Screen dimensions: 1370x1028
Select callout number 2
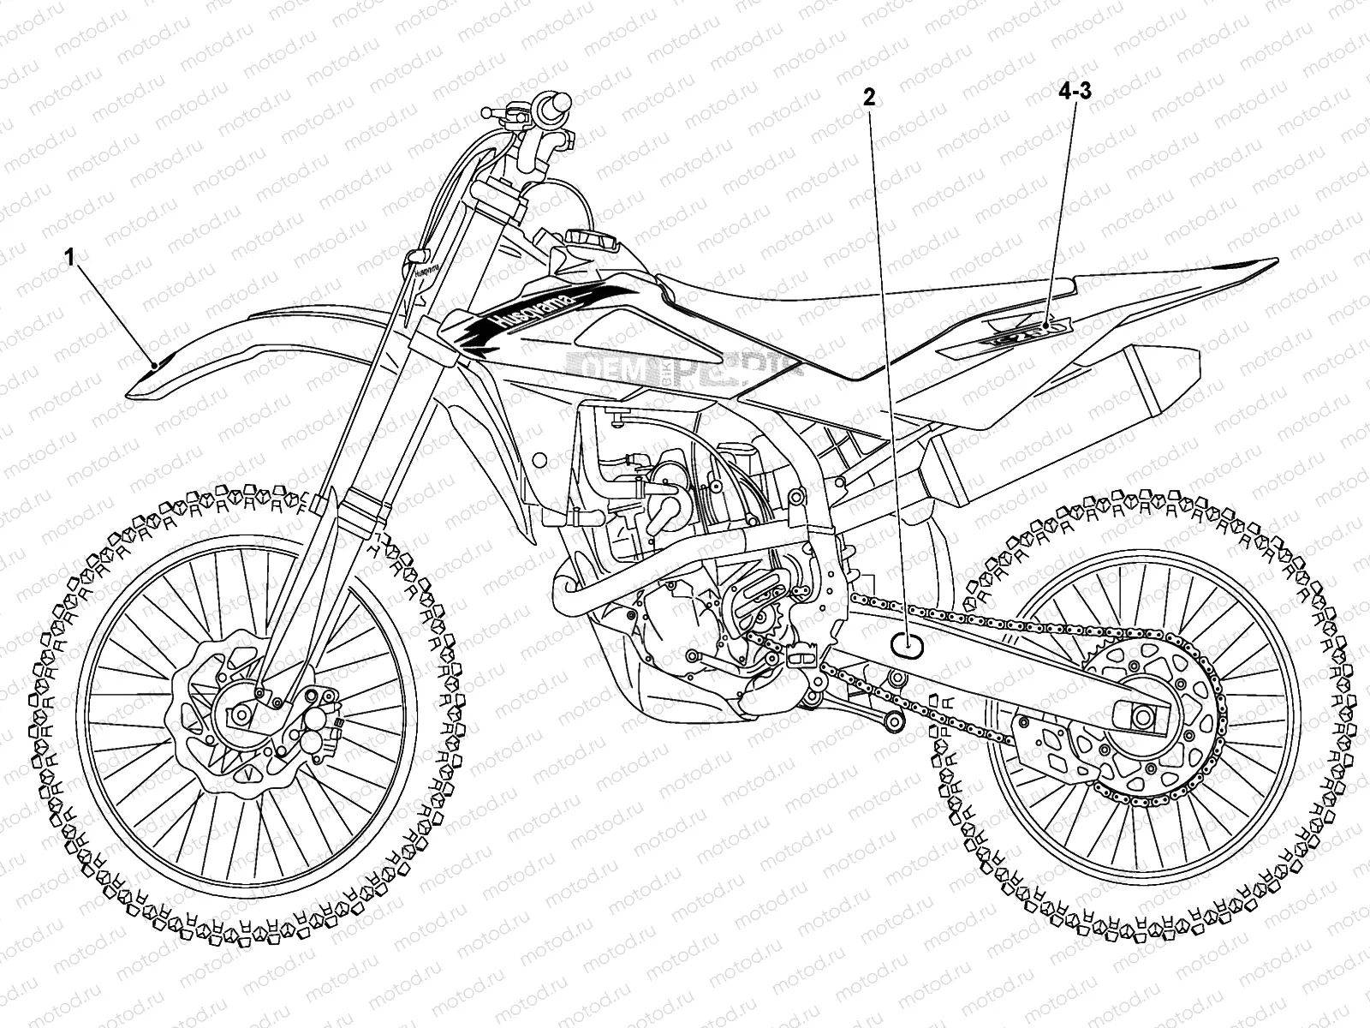(x=869, y=98)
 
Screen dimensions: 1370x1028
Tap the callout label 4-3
(x=1074, y=93)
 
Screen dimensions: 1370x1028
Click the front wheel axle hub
(x=240, y=713)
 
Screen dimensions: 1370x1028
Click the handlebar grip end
(x=560, y=104)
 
